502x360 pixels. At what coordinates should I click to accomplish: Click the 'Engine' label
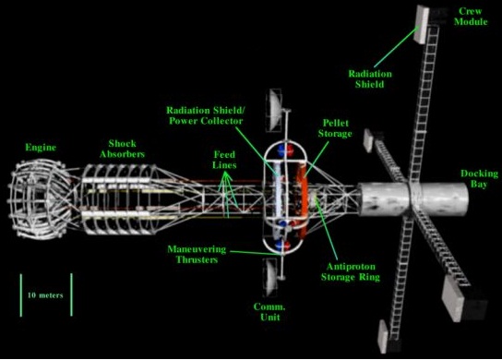pyautogui.click(x=40, y=146)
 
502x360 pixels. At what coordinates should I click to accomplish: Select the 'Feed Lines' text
pyautogui.click(x=224, y=158)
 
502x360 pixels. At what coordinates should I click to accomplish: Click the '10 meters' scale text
pyautogui.click(x=44, y=295)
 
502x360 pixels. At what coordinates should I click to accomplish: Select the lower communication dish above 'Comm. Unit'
pyautogui.click(x=270, y=274)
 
